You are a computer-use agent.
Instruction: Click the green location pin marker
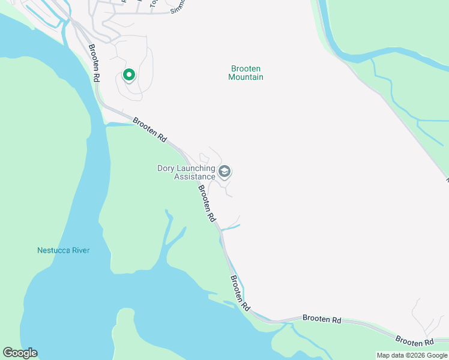(128, 75)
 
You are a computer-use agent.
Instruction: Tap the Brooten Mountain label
(246, 73)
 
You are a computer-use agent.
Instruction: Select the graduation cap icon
(224, 172)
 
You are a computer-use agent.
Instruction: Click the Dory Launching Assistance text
(186, 172)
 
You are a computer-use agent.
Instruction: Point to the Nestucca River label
(63, 250)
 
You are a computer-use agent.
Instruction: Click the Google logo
(20, 353)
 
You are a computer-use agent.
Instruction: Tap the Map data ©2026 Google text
(412, 355)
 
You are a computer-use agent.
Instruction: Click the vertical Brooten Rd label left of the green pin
(94, 63)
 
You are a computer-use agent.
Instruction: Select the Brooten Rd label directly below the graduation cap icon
(206, 203)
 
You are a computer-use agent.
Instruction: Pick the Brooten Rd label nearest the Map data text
(415, 341)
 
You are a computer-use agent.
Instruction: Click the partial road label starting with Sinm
(178, 7)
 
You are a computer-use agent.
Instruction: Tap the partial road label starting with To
(153, 4)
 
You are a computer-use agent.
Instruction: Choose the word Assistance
(194, 176)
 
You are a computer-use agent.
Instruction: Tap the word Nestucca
(53, 250)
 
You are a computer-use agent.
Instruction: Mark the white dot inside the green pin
(128, 74)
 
